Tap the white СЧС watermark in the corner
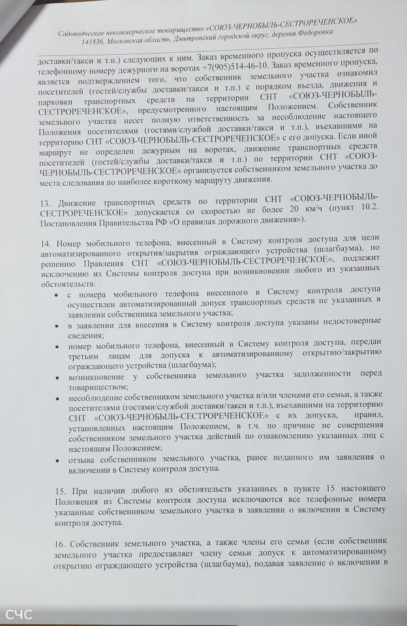(x=18, y=614)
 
